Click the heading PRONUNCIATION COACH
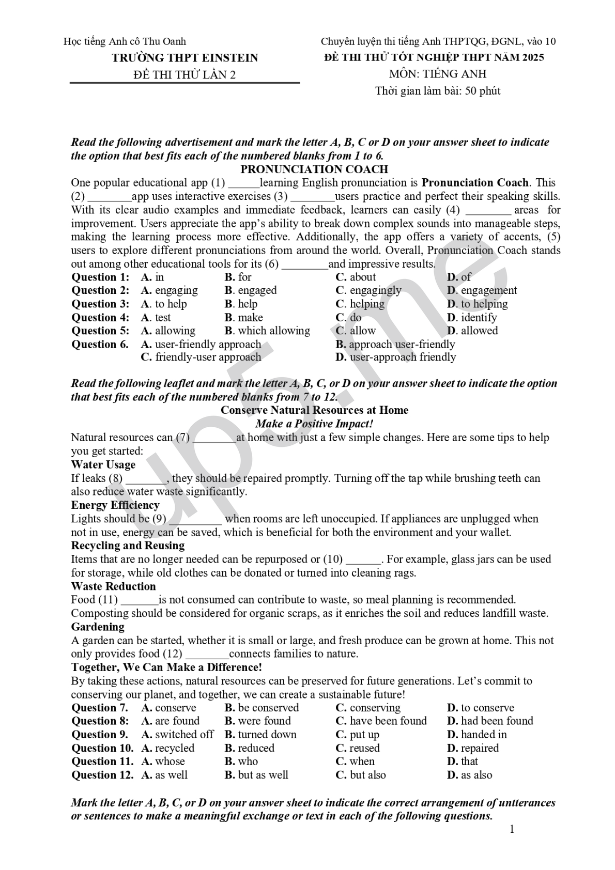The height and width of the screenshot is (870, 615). [x=314, y=169]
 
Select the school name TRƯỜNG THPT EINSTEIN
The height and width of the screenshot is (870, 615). [x=185, y=57]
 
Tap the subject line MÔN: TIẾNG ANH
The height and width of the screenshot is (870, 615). [x=437, y=74]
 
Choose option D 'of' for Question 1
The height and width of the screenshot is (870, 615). [x=459, y=277]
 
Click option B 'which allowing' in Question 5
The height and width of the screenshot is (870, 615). [x=267, y=331]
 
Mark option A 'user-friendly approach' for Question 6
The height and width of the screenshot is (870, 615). [x=201, y=344]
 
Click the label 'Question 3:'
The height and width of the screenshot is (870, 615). [x=100, y=304]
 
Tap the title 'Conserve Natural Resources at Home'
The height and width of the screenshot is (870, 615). [x=314, y=410]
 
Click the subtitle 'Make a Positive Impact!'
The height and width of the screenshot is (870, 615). [x=314, y=424]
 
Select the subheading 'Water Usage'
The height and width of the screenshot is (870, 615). [x=103, y=464]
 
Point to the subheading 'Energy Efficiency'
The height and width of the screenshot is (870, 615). [x=115, y=505]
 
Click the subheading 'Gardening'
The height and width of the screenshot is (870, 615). [x=98, y=627]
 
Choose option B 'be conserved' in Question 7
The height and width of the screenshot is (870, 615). [x=262, y=707]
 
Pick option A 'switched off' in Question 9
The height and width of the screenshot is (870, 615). [x=177, y=734]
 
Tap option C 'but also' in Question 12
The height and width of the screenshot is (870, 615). [x=361, y=774]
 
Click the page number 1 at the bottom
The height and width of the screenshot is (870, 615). [x=512, y=829]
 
